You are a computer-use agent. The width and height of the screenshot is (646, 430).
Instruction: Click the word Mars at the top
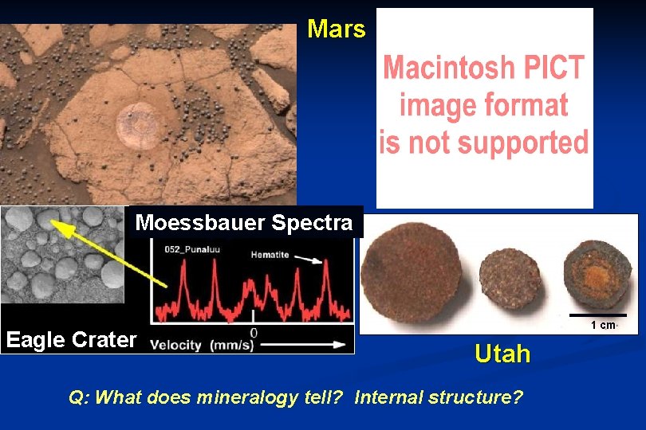pyautogui.click(x=336, y=29)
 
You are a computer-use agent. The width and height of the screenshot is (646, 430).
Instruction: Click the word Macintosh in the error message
pyautogui.click(x=447, y=68)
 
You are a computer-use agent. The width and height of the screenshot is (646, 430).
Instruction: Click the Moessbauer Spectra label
pyautogui.click(x=243, y=222)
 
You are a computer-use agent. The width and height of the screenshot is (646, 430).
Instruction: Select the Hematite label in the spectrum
pyautogui.click(x=269, y=255)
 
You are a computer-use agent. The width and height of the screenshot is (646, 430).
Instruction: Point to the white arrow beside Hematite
pyautogui.click(x=312, y=260)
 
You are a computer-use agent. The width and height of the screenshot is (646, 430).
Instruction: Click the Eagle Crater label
pyautogui.click(x=70, y=340)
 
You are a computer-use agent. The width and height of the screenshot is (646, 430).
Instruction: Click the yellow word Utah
pyautogui.click(x=502, y=354)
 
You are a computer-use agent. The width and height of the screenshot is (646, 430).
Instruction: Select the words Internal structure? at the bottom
pyautogui.click(x=439, y=396)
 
